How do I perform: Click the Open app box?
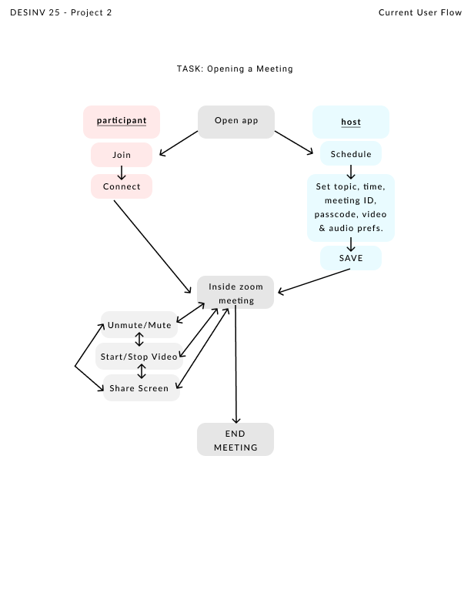coord(235,122)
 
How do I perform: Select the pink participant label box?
coord(122,122)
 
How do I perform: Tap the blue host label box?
coord(351,122)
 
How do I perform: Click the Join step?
coord(122,155)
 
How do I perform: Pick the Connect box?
coord(122,186)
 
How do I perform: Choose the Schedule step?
coord(351,154)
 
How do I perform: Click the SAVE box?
coord(351,258)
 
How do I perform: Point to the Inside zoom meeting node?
coord(235,293)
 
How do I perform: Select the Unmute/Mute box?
coord(139,325)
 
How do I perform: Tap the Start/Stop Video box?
coord(139,357)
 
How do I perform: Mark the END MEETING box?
coord(235,440)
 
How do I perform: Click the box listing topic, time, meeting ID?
coord(351,208)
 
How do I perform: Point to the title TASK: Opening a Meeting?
coord(235,69)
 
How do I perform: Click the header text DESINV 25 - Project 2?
coord(61,12)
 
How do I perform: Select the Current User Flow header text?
coord(419,12)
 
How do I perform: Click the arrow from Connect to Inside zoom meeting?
coord(152,246)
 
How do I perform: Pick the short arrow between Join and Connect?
coord(122,173)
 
